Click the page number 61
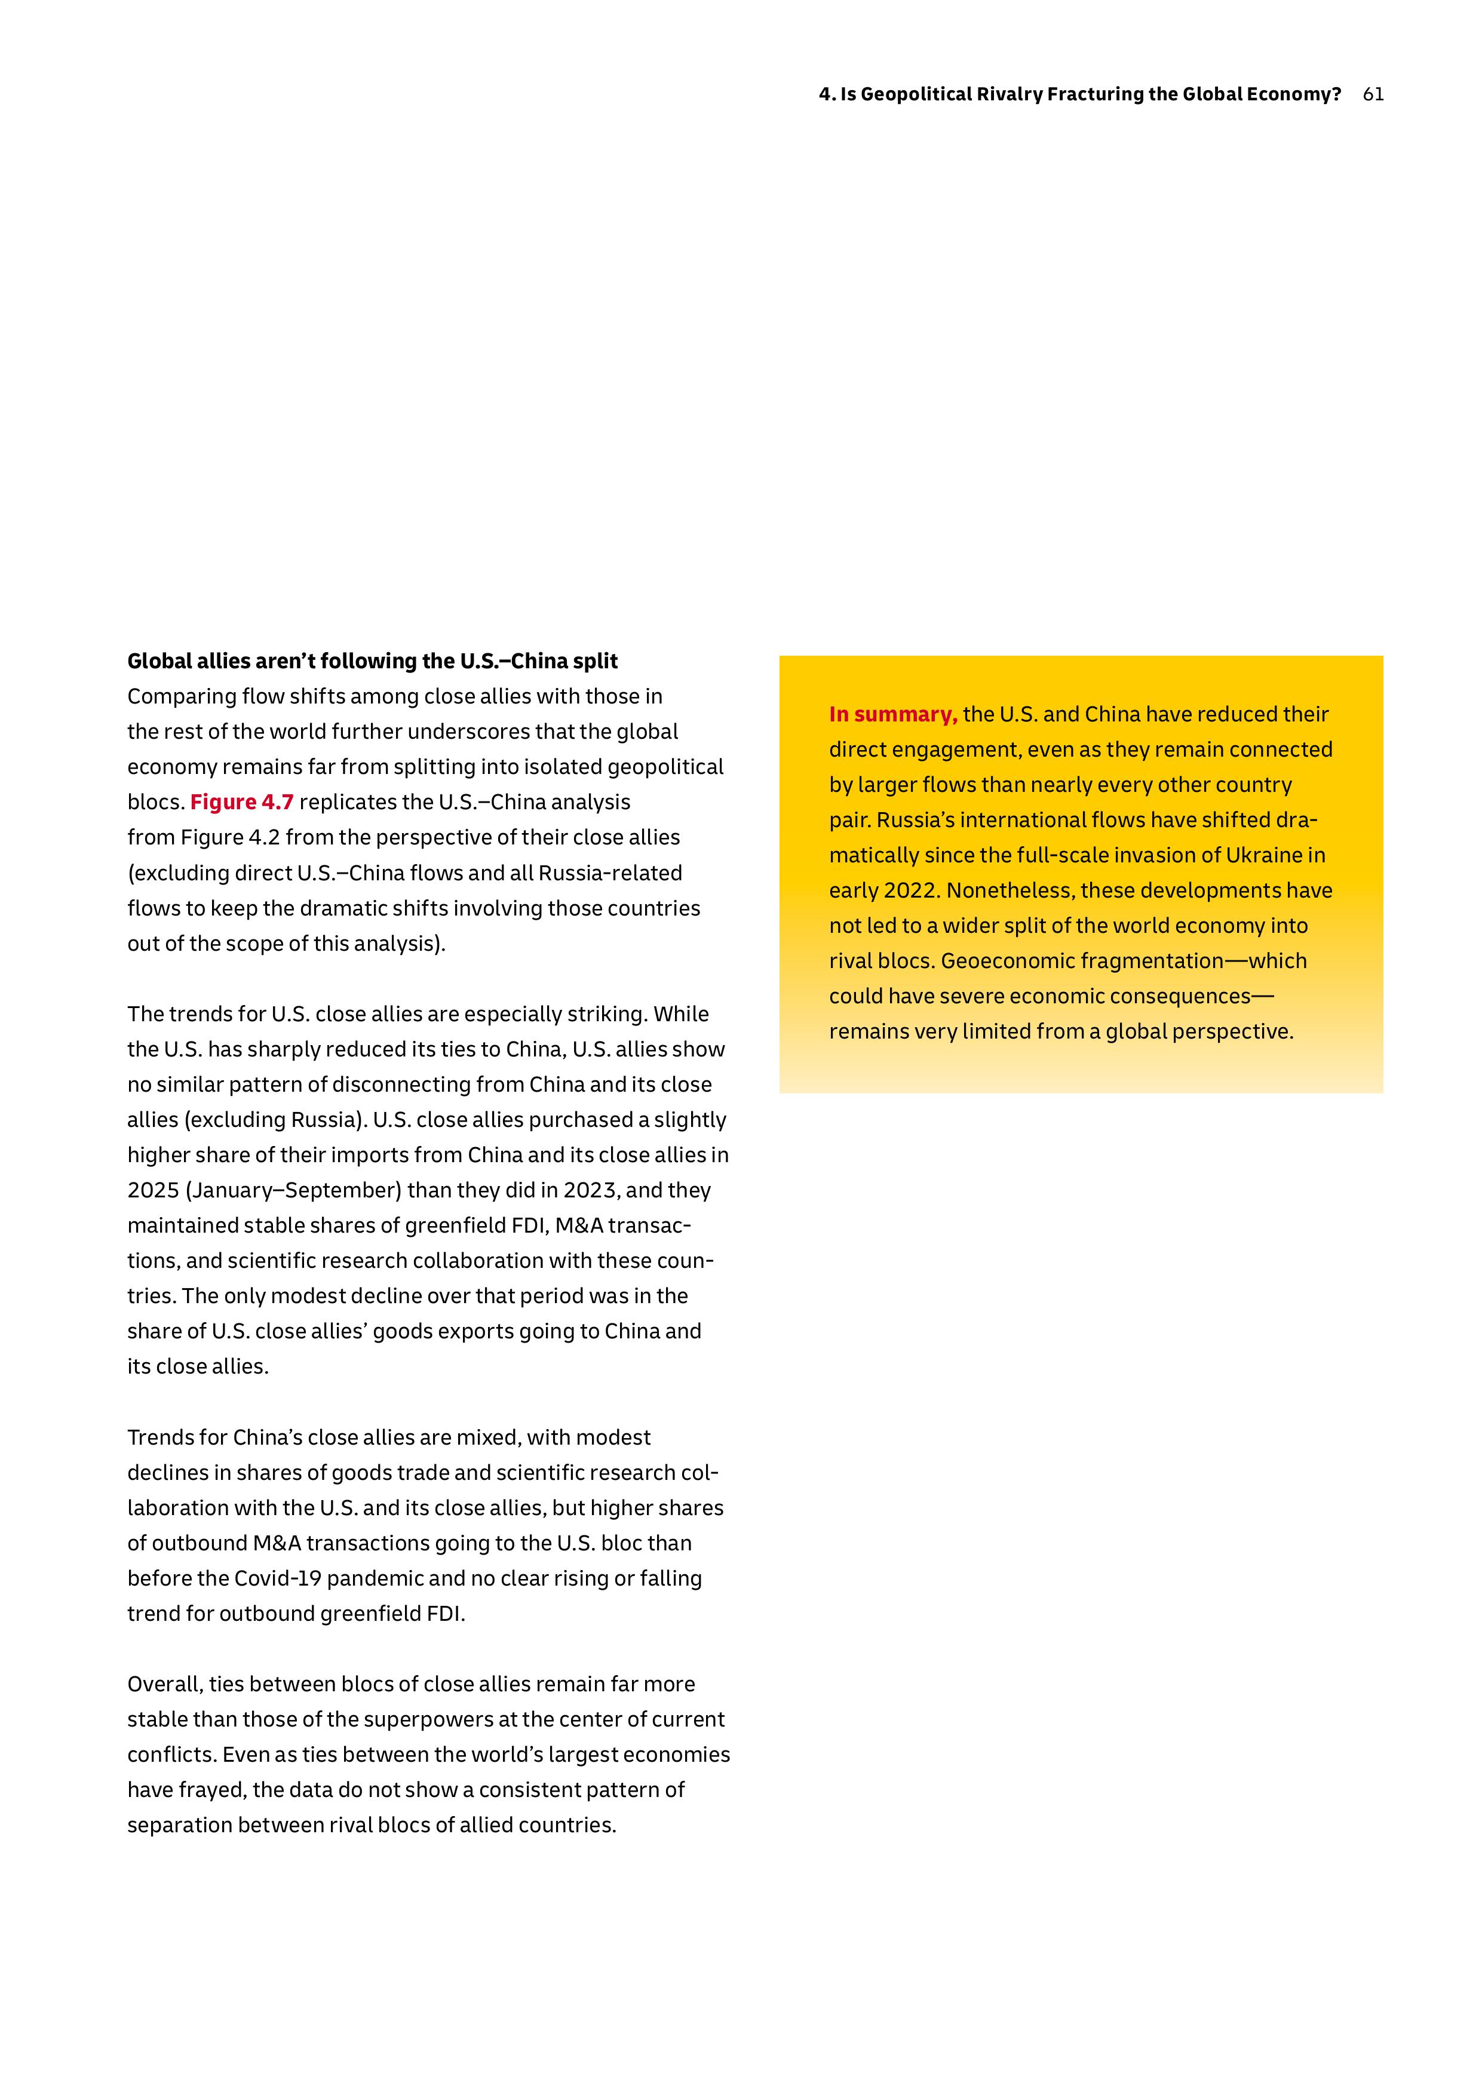(1373, 94)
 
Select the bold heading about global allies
(372, 661)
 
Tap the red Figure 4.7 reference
(242, 802)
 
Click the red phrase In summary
(892, 714)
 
